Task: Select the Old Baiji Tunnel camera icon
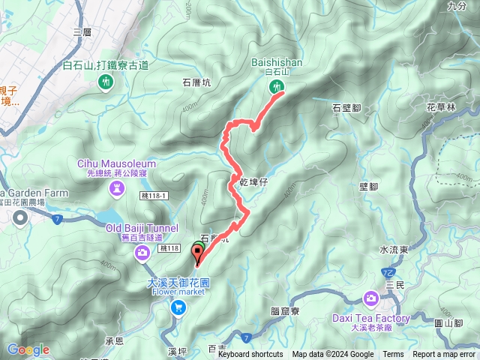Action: point(142,256)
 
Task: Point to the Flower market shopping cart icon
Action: point(179,307)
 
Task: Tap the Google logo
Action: point(28,349)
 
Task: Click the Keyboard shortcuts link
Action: point(250,355)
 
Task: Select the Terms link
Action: point(393,355)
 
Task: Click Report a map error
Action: point(444,355)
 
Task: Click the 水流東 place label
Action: point(394,250)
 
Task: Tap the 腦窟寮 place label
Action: point(284,310)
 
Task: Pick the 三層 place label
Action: point(82,32)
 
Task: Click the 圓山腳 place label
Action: point(448,323)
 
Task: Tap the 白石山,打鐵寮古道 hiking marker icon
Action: point(104,82)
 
